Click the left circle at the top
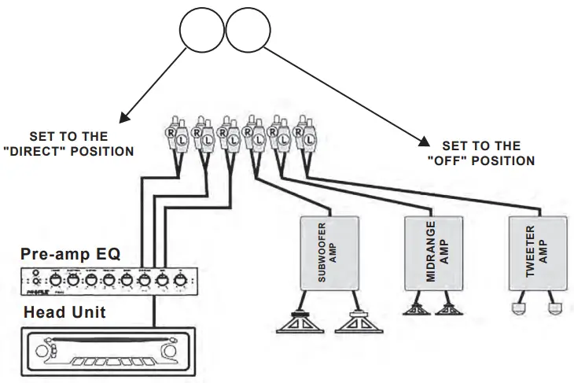pyautogui.click(x=201, y=32)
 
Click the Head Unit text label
pyautogui.click(x=65, y=312)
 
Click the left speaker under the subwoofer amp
pyautogui.click(x=298, y=323)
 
